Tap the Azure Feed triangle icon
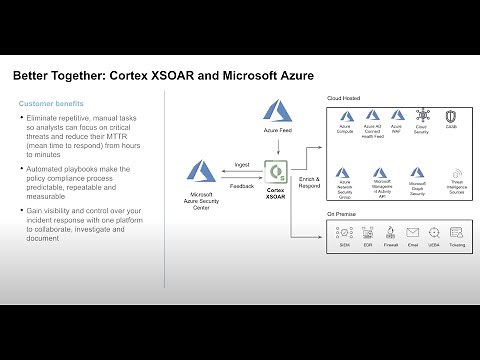tap(275, 109)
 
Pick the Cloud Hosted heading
tap(343, 98)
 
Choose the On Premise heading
tap(341, 214)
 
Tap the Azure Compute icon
tap(346, 117)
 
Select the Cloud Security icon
tap(421, 117)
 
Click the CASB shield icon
tap(450, 117)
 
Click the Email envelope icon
tap(413, 232)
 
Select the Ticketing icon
tap(458, 232)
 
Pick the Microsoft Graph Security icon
tap(419, 173)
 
